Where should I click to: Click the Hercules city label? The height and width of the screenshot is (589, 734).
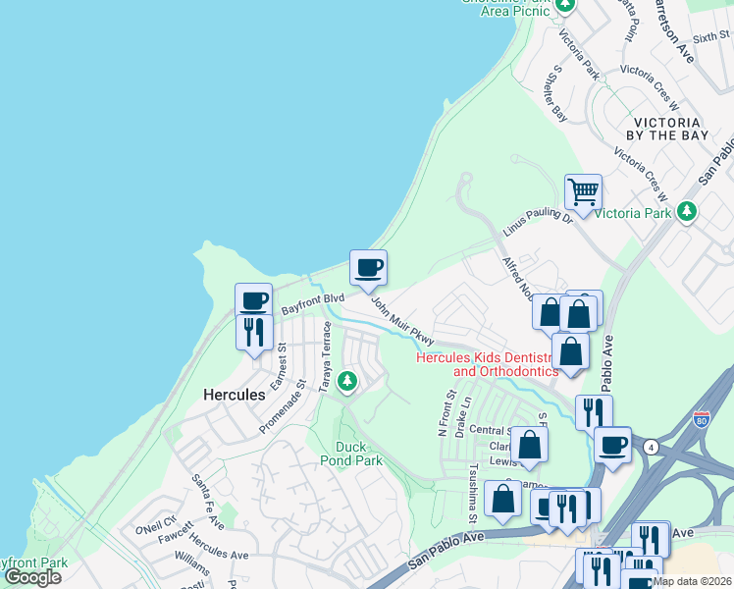(x=234, y=395)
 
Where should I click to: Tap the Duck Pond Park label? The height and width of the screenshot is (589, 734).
(x=351, y=453)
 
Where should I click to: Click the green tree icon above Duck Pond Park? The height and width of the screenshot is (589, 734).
(x=345, y=381)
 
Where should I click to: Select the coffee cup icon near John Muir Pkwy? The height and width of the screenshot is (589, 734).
(x=368, y=268)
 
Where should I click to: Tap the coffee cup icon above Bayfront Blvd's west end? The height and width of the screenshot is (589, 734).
(x=253, y=300)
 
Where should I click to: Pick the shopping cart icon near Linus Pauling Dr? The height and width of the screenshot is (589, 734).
(x=583, y=191)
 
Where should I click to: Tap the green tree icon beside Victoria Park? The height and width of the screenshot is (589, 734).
(x=688, y=211)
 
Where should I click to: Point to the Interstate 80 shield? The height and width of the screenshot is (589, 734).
(x=701, y=420)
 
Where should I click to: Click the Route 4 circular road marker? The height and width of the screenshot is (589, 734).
(x=650, y=448)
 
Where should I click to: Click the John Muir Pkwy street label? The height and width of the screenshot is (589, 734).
(x=402, y=322)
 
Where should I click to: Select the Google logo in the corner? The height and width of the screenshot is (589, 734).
(x=32, y=577)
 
